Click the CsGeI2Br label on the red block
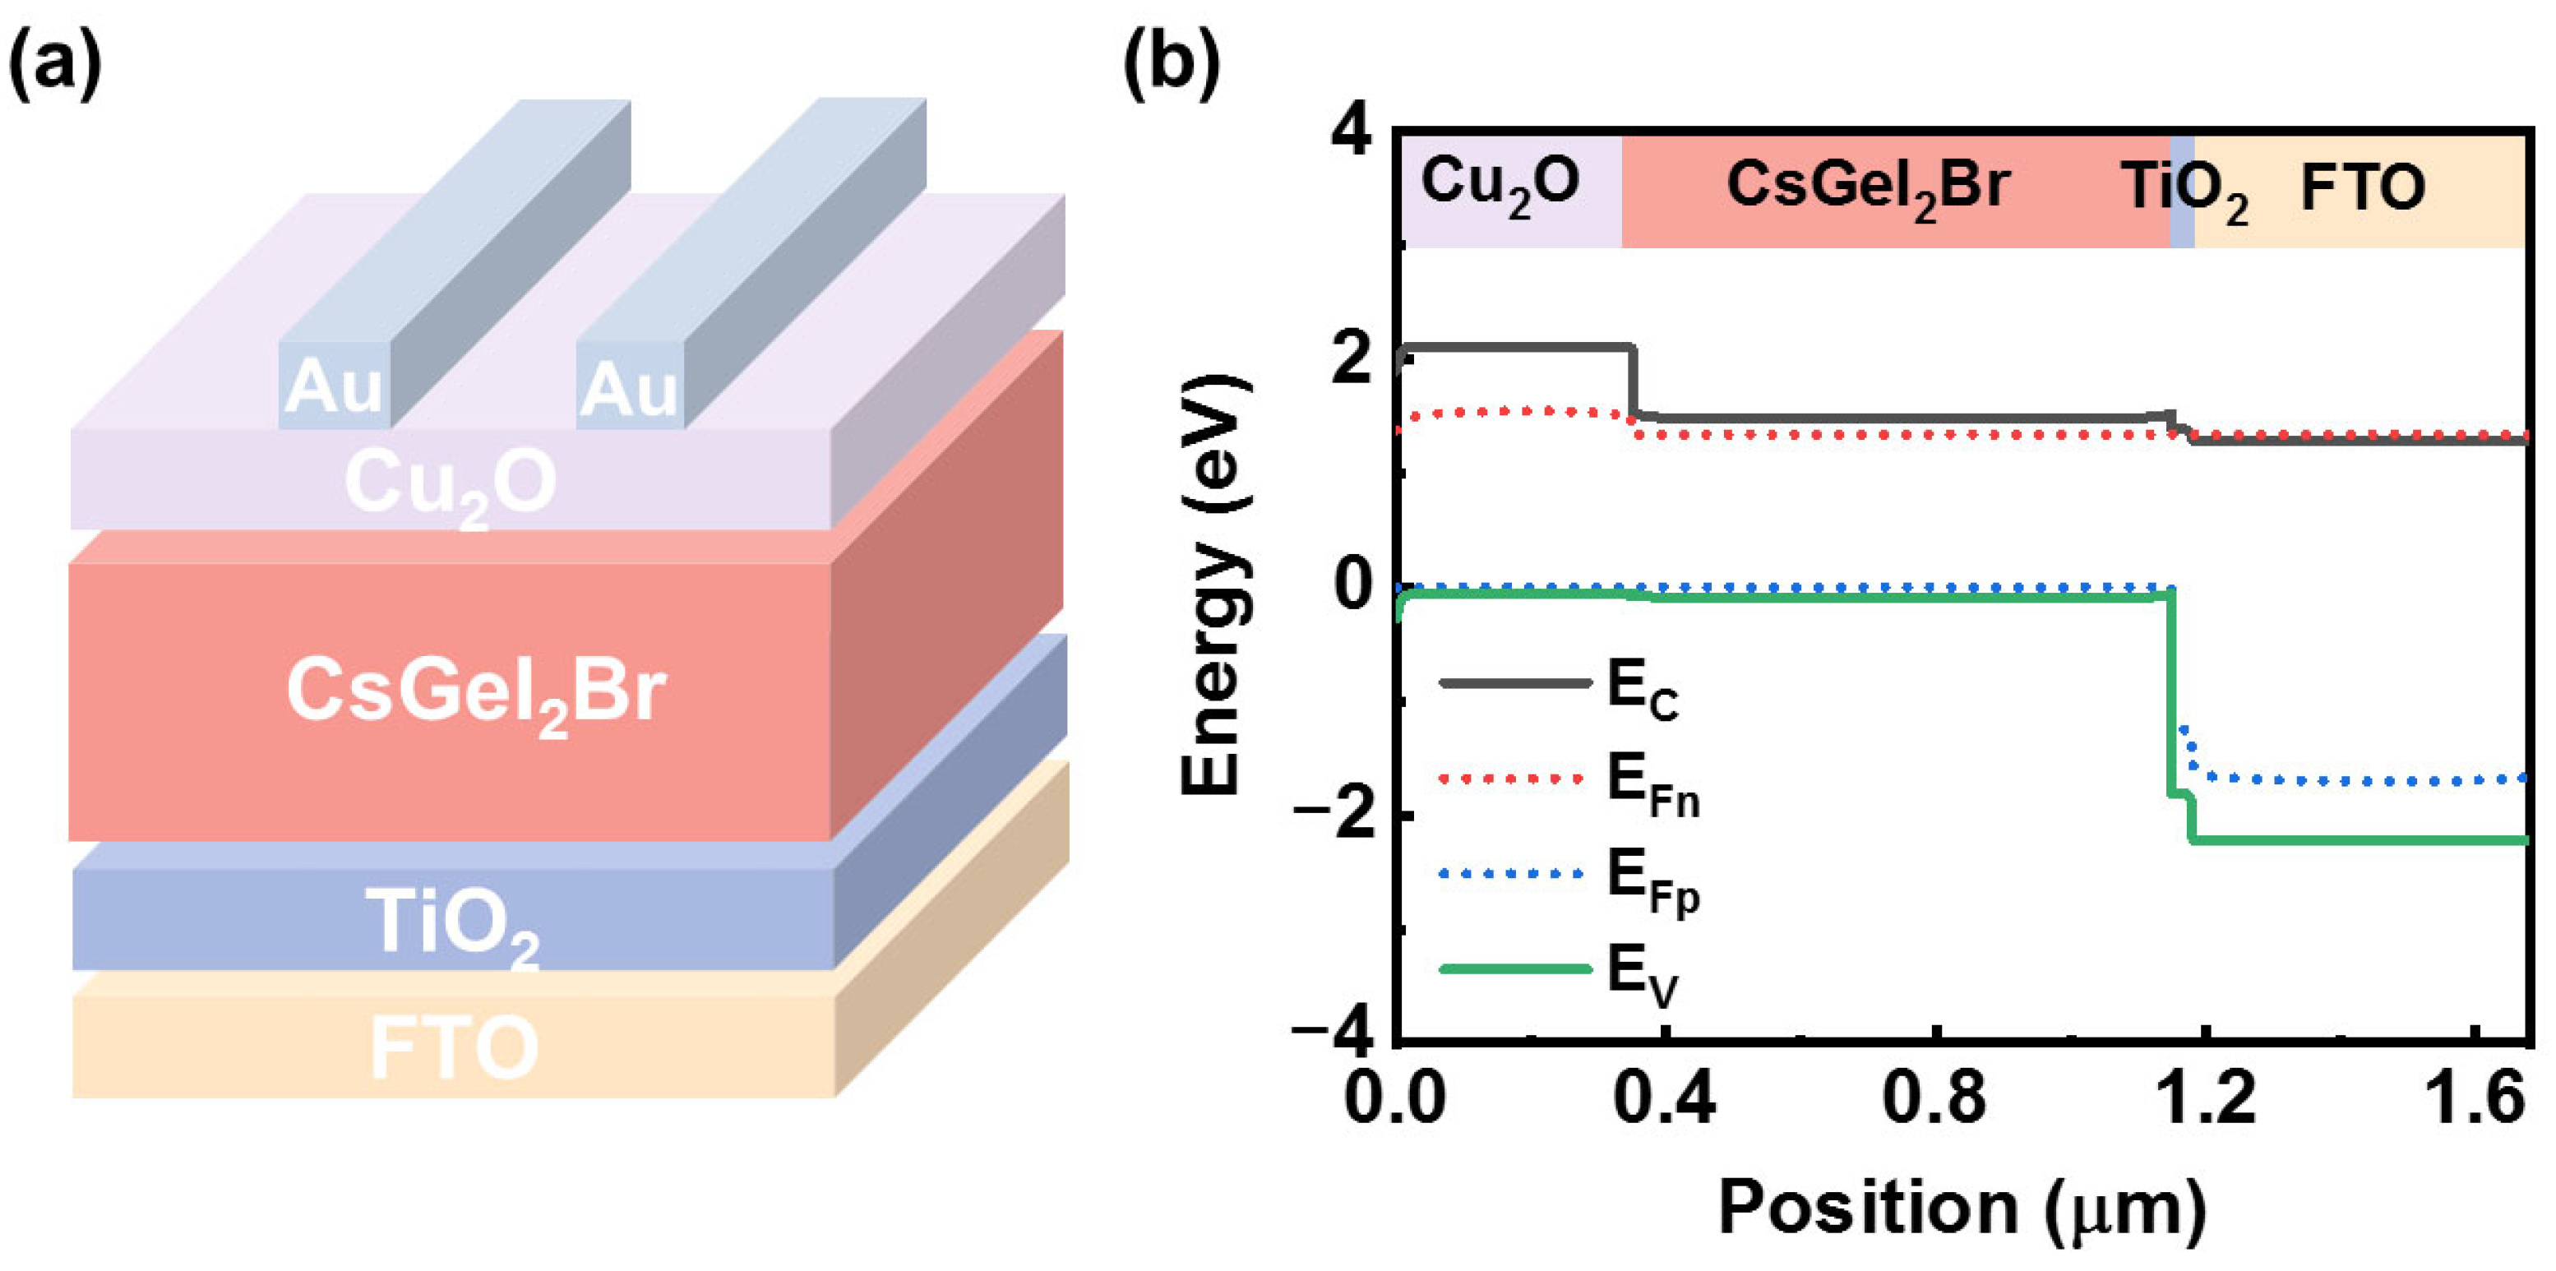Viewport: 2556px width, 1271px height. click(475, 692)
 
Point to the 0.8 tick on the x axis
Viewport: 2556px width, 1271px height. click(1934, 1098)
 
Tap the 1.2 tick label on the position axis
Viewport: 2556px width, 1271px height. click(2205, 1098)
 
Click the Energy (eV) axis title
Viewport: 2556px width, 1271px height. click(1212, 585)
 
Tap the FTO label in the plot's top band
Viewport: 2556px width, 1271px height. click(2361, 187)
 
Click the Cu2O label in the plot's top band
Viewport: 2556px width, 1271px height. click(1500, 186)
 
